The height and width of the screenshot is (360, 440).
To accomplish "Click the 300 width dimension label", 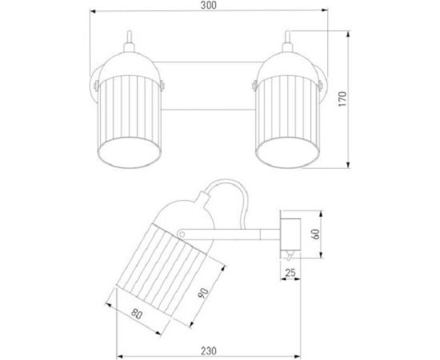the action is [x=209, y=6].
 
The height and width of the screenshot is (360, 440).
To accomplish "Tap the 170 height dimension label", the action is [x=342, y=98].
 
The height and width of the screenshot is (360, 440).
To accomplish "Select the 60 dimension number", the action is [x=316, y=234].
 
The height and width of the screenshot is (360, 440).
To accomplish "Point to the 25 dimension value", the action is [x=290, y=273].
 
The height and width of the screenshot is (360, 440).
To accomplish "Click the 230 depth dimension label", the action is [x=209, y=350].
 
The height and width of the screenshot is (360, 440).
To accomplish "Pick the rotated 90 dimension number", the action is [x=203, y=293].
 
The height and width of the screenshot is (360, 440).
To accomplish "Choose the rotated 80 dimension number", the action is [x=137, y=314].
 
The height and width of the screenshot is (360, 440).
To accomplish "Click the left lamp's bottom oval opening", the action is [x=129, y=152].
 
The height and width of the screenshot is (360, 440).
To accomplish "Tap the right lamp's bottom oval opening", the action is [x=288, y=152].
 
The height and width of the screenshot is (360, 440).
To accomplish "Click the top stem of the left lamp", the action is [x=129, y=41].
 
